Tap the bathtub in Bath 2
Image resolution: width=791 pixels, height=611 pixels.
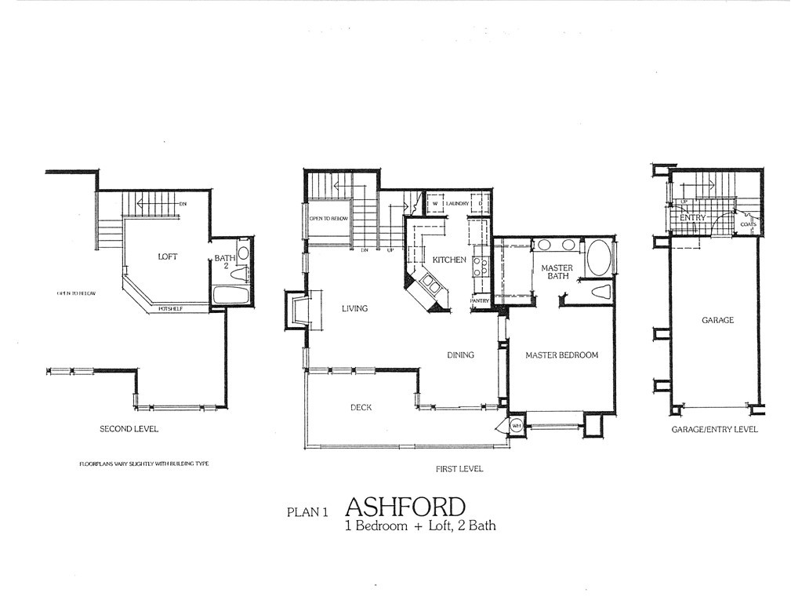(230, 295)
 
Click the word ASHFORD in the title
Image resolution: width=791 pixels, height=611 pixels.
(405, 506)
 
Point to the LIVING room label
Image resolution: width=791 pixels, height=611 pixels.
(354, 308)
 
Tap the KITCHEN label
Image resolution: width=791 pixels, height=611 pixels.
(449, 260)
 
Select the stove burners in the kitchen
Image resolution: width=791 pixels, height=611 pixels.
(479, 267)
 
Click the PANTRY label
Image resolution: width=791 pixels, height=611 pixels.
(480, 300)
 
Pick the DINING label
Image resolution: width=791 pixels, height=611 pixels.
(460, 355)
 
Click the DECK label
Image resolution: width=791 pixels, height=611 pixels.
(361, 407)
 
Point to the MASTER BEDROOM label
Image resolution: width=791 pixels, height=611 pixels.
(561, 355)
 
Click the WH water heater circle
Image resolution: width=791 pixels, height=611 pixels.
(517, 426)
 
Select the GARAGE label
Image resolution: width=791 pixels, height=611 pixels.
(717, 320)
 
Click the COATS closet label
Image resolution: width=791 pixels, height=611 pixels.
(748, 224)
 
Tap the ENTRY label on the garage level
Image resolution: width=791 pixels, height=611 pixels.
(692, 217)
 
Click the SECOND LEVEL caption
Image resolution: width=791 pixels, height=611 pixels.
(129, 429)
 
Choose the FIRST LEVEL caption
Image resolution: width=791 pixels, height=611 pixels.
(459, 468)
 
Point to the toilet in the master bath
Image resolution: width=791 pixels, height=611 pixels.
(601, 292)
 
